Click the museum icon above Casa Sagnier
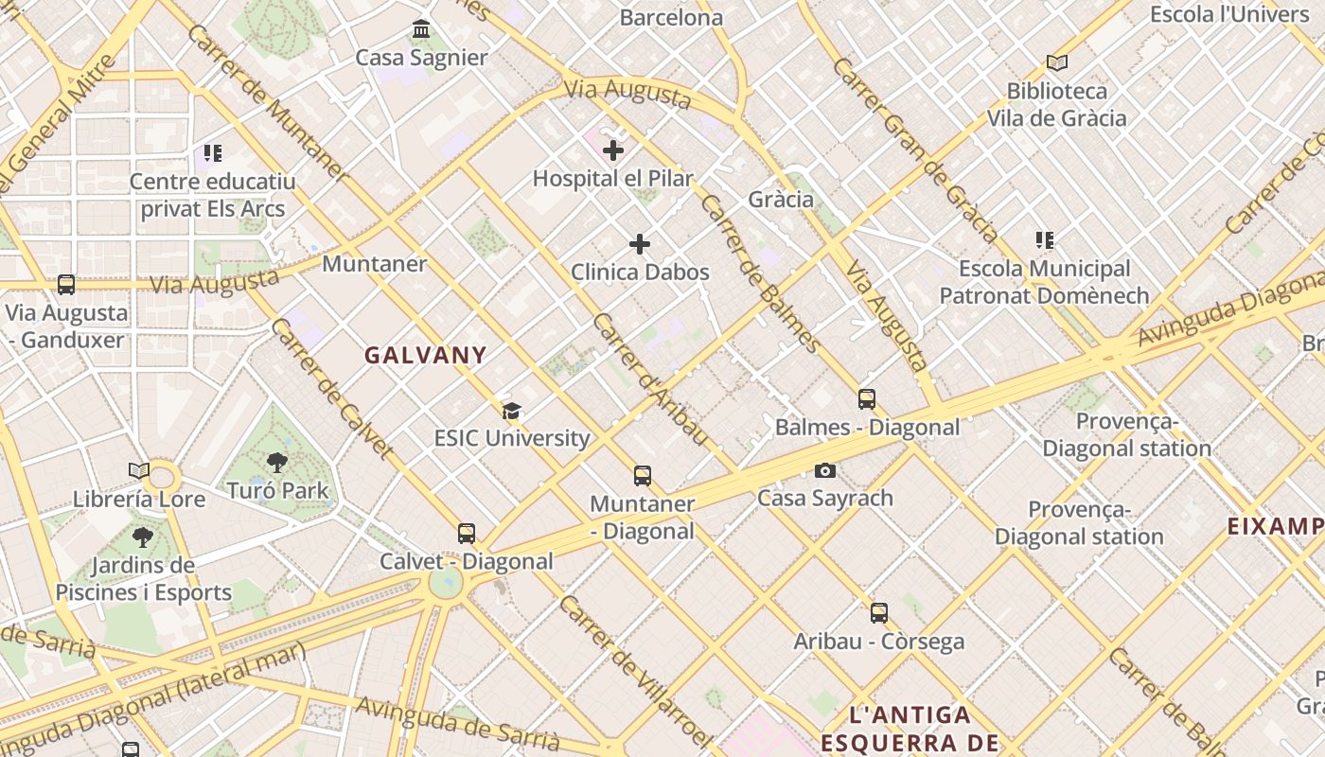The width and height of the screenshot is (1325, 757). point(421,29)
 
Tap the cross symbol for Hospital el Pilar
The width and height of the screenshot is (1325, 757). point(613,150)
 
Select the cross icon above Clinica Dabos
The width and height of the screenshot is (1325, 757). point(640,244)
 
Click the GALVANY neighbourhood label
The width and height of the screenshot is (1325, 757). point(426,356)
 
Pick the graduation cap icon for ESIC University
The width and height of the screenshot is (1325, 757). point(511,411)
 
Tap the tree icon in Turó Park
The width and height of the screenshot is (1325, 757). point(277,463)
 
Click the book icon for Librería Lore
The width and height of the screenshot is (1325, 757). point(139,470)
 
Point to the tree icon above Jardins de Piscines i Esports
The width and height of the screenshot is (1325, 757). point(143,537)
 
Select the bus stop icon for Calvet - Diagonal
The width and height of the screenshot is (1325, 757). point(467,534)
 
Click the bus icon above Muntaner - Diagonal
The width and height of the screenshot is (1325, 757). point(643,476)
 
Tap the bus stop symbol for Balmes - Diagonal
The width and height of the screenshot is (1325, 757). point(867,399)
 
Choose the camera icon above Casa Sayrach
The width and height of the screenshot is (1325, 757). point(825,470)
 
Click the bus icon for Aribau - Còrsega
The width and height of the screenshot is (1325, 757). point(879,613)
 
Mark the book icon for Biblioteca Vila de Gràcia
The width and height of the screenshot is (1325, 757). point(1057,62)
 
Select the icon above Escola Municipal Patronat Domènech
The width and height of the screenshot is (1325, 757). point(1045,240)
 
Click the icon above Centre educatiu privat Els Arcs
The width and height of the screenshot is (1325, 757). point(213,153)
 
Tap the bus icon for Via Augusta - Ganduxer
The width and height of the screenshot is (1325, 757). point(66,285)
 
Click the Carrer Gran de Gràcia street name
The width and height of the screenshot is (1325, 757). point(915,150)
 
